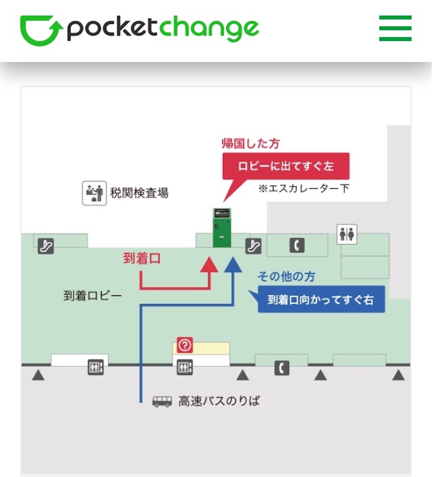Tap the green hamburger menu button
tap(395, 28)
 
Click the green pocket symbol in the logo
tap(41, 30)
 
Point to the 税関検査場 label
tap(139, 193)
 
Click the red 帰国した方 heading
tap(251, 144)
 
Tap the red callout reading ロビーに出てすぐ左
tap(286, 166)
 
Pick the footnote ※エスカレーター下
tap(304, 189)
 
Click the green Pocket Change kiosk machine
tap(222, 228)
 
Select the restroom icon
tap(347, 234)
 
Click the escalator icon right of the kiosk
tap(253, 245)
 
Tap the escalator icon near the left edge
tap(45, 245)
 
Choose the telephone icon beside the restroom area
tap(297, 245)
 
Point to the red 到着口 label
tap(142, 259)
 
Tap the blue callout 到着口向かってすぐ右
tap(321, 300)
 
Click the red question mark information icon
tap(185, 345)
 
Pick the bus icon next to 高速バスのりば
tap(162, 401)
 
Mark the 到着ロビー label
tap(92, 296)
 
